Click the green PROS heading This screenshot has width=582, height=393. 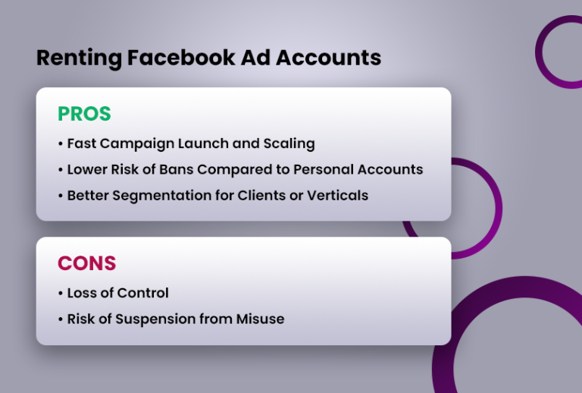(84, 115)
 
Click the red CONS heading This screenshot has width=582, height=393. (86, 263)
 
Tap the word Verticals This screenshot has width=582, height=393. (337, 195)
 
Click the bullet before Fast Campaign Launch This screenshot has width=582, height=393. (61, 144)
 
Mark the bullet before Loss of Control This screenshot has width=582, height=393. (61, 294)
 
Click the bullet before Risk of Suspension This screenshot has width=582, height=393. (61, 319)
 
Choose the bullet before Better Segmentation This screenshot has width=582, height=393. (61, 196)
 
